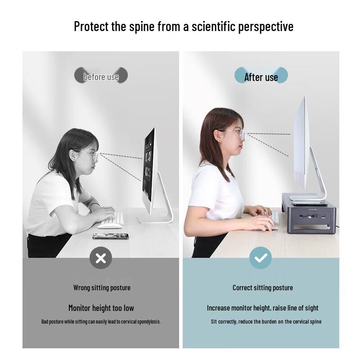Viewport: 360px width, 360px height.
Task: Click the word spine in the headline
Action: pyautogui.click(x=142, y=27)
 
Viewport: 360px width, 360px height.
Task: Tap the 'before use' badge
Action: pyautogui.click(x=101, y=75)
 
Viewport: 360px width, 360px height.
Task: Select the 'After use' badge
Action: pyautogui.click(x=261, y=75)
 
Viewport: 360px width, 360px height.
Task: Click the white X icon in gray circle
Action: pyautogui.click(x=101, y=258)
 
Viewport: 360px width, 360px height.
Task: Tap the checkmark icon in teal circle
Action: pyautogui.click(x=261, y=258)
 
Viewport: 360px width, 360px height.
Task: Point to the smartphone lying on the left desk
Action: pyautogui.click(x=111, y=236)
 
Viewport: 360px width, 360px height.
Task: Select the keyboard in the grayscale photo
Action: pyautogui.click(x=114, y=219)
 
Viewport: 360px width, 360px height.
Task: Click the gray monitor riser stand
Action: pyautogui.click(x=309, y=213)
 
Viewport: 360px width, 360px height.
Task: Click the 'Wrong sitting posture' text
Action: pyautogui.click(x=102, y=288)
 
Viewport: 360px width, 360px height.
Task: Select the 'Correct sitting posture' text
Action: pyautogui.click(x=263, y=288)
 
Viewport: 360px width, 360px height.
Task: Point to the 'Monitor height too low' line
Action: pyautogui.click(x=101, y=308)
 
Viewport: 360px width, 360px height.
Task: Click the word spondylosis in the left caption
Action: pyautogui.click(x=149, y=322)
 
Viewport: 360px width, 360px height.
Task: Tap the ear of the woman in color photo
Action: pyautogui.click(x=219, y=136)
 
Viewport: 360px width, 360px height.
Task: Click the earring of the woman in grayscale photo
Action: pyautogui.click(x=74, y=161)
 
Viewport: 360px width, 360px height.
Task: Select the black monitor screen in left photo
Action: pyautogui.click(x=148, y=164)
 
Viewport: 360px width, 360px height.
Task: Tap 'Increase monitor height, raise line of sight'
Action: pyautogui.click(x=263, y=308)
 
